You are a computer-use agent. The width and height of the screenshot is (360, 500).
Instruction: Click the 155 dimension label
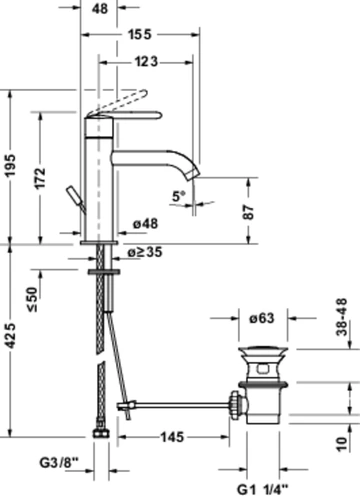140,34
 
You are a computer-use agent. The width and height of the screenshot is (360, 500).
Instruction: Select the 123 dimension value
146,62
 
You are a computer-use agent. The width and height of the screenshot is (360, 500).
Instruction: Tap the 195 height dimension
10,165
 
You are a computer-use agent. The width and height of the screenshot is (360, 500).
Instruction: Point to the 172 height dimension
40,178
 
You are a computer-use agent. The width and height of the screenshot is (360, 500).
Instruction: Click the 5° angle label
178,196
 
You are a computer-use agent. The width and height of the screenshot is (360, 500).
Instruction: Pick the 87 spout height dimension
248,212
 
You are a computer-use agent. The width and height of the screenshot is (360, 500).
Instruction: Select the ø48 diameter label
145,224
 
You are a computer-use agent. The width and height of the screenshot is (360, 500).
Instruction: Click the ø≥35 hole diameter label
145,252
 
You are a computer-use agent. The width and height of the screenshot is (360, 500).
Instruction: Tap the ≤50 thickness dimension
33,299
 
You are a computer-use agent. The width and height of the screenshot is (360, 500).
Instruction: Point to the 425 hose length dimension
10,336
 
